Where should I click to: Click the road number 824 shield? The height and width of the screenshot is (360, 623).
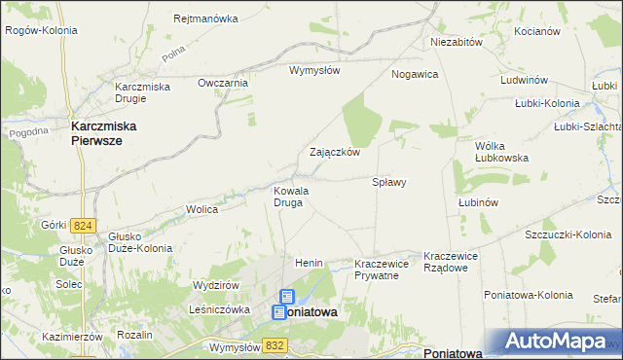[82, 226]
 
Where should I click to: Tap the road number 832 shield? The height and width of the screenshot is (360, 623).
[275, 344]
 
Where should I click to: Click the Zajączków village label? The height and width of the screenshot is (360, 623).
[335, 153]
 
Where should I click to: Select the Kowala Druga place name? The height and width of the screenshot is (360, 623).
[291, 198]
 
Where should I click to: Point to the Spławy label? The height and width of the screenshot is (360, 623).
[389, 182]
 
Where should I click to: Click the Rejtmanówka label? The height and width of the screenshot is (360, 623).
[205, 18]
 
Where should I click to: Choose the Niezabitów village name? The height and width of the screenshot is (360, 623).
[457, 43]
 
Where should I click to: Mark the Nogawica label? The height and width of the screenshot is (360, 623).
[415, 74]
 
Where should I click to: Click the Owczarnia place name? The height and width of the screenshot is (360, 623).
[224, 83]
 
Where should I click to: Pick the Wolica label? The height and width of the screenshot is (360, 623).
[202, 209]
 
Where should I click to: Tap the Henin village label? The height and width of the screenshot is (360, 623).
[309, 264]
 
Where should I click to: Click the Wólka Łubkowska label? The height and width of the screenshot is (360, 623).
[500, 151]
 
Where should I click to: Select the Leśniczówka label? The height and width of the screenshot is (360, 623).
[220, 309]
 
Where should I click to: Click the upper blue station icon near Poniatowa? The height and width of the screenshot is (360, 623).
[287, 297]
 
